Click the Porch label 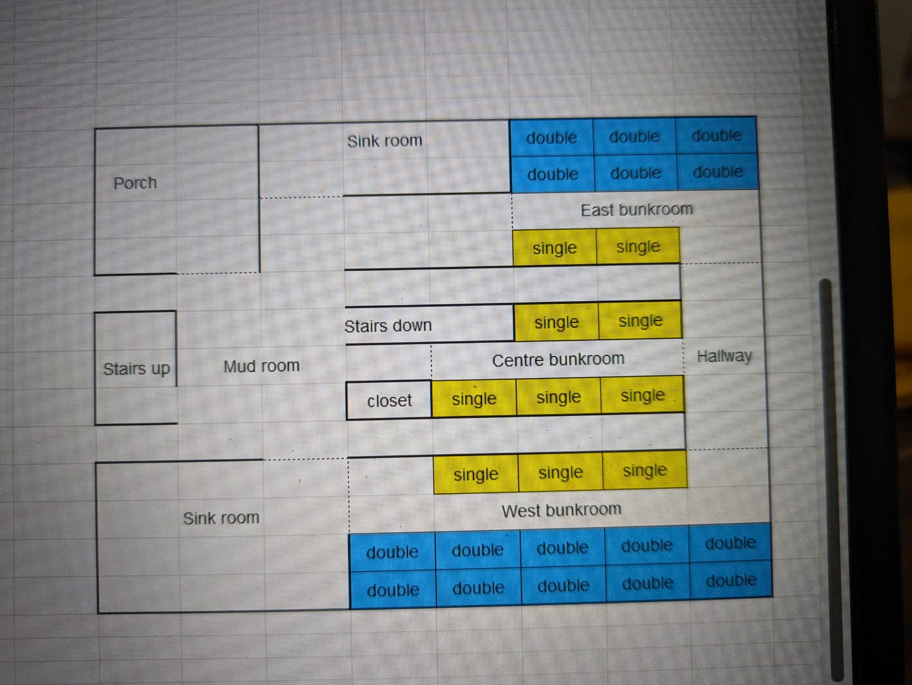(135, 183)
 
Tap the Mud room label (261, 366)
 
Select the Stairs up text (136, 369)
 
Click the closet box (389, 400)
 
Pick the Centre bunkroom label (557, 359)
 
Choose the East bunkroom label (636, 210)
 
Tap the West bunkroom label (561, 509)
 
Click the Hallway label (724, 356)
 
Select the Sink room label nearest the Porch (385, 141)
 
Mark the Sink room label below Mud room (221, 518)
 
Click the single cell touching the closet (474, 399)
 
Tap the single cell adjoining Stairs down (556, 322)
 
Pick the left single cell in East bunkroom (555, 248)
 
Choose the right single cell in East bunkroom (638, 247)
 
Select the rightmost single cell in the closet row (642, 395)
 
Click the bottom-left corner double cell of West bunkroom (393, 589)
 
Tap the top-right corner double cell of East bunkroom (716, 136)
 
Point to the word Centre (516, 360)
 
